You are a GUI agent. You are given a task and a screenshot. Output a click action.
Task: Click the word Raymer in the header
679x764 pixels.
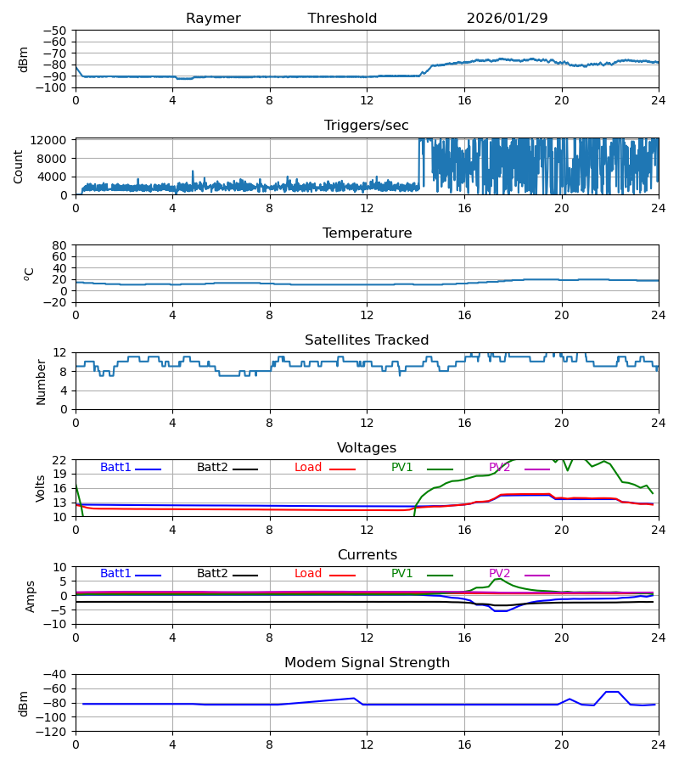[x=213, y=19]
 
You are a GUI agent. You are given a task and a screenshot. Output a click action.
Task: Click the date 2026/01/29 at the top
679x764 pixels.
[x=507, y=19]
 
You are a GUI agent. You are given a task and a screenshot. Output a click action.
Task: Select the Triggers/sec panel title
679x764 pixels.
[x=366, y=126]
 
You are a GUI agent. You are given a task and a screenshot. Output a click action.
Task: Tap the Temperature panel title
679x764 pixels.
[x=367, y=233]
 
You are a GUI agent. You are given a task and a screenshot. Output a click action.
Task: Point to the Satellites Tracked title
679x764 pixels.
[x=367, y=340]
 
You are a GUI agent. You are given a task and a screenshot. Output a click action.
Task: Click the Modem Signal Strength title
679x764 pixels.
[x=367, y=663]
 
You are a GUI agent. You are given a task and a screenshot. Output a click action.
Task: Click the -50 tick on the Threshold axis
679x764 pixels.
[x=57, y=31]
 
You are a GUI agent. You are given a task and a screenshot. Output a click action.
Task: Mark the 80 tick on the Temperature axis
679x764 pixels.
[x=59, y=245]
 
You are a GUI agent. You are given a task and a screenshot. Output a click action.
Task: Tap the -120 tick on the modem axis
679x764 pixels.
[x=53, y=732]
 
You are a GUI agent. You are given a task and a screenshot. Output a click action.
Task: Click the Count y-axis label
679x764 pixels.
[x=19, y=166]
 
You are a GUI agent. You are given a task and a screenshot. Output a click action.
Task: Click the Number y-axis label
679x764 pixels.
[x=42, y=381]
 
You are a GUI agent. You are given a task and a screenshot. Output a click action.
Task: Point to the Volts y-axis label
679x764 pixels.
[x=41, y=488]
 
